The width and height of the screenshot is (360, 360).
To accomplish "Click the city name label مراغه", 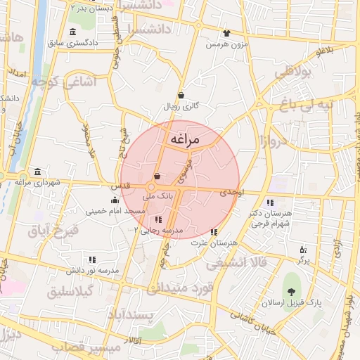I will click(184, 140).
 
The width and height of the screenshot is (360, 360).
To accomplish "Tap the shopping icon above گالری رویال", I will click(181, 95).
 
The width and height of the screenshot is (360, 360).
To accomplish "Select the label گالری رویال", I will click(181, 106).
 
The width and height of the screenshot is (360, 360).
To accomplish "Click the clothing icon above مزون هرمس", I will click(226, 33).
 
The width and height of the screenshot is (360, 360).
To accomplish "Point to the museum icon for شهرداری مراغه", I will click(37, 172).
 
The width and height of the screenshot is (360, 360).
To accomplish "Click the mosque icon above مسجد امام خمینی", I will click(115, 200).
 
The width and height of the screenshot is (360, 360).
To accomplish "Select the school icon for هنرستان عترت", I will click(214, 231).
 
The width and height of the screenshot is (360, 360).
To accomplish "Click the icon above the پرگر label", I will click(303, 250).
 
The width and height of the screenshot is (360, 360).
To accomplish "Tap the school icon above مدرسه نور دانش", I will click(92, 259).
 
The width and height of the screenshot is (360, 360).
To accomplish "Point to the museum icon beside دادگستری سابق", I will click(74, 32).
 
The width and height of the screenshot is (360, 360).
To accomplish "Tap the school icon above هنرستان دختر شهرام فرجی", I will click(271, 203).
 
